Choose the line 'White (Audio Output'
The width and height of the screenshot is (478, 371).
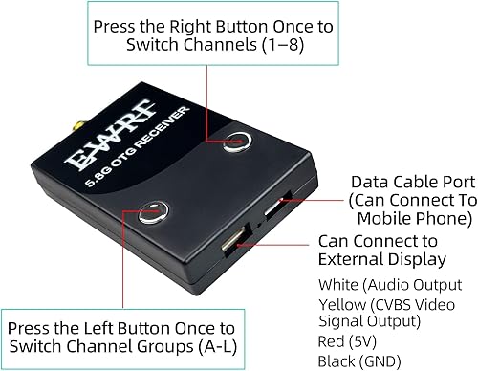376,283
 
